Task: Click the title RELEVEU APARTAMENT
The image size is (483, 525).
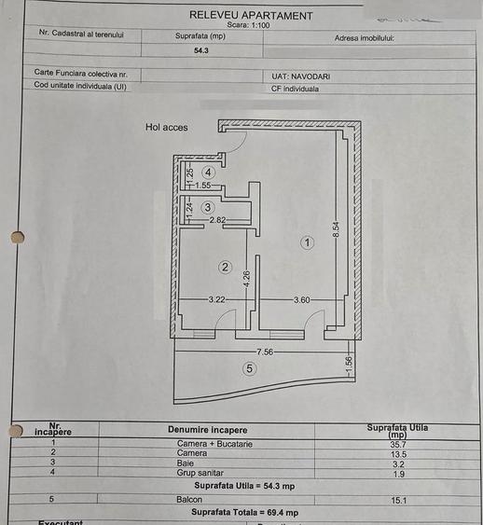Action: point(251,15)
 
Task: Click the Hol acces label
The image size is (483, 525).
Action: point(166,128)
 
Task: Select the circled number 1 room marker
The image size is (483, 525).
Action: point(307,242)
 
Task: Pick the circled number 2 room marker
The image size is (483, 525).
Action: point(225,267)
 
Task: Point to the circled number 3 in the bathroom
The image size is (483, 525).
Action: point(208,207)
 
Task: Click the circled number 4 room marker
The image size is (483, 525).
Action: point(208,173)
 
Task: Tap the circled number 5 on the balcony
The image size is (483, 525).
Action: point(249,368)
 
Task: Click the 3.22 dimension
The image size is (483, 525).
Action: point(216,299)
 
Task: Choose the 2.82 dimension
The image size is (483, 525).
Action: point(218,220)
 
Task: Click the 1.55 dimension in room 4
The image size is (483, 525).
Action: point(202,186)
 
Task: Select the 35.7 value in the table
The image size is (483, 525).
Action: point(397,443)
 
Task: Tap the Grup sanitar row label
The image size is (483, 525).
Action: point(206,473)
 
